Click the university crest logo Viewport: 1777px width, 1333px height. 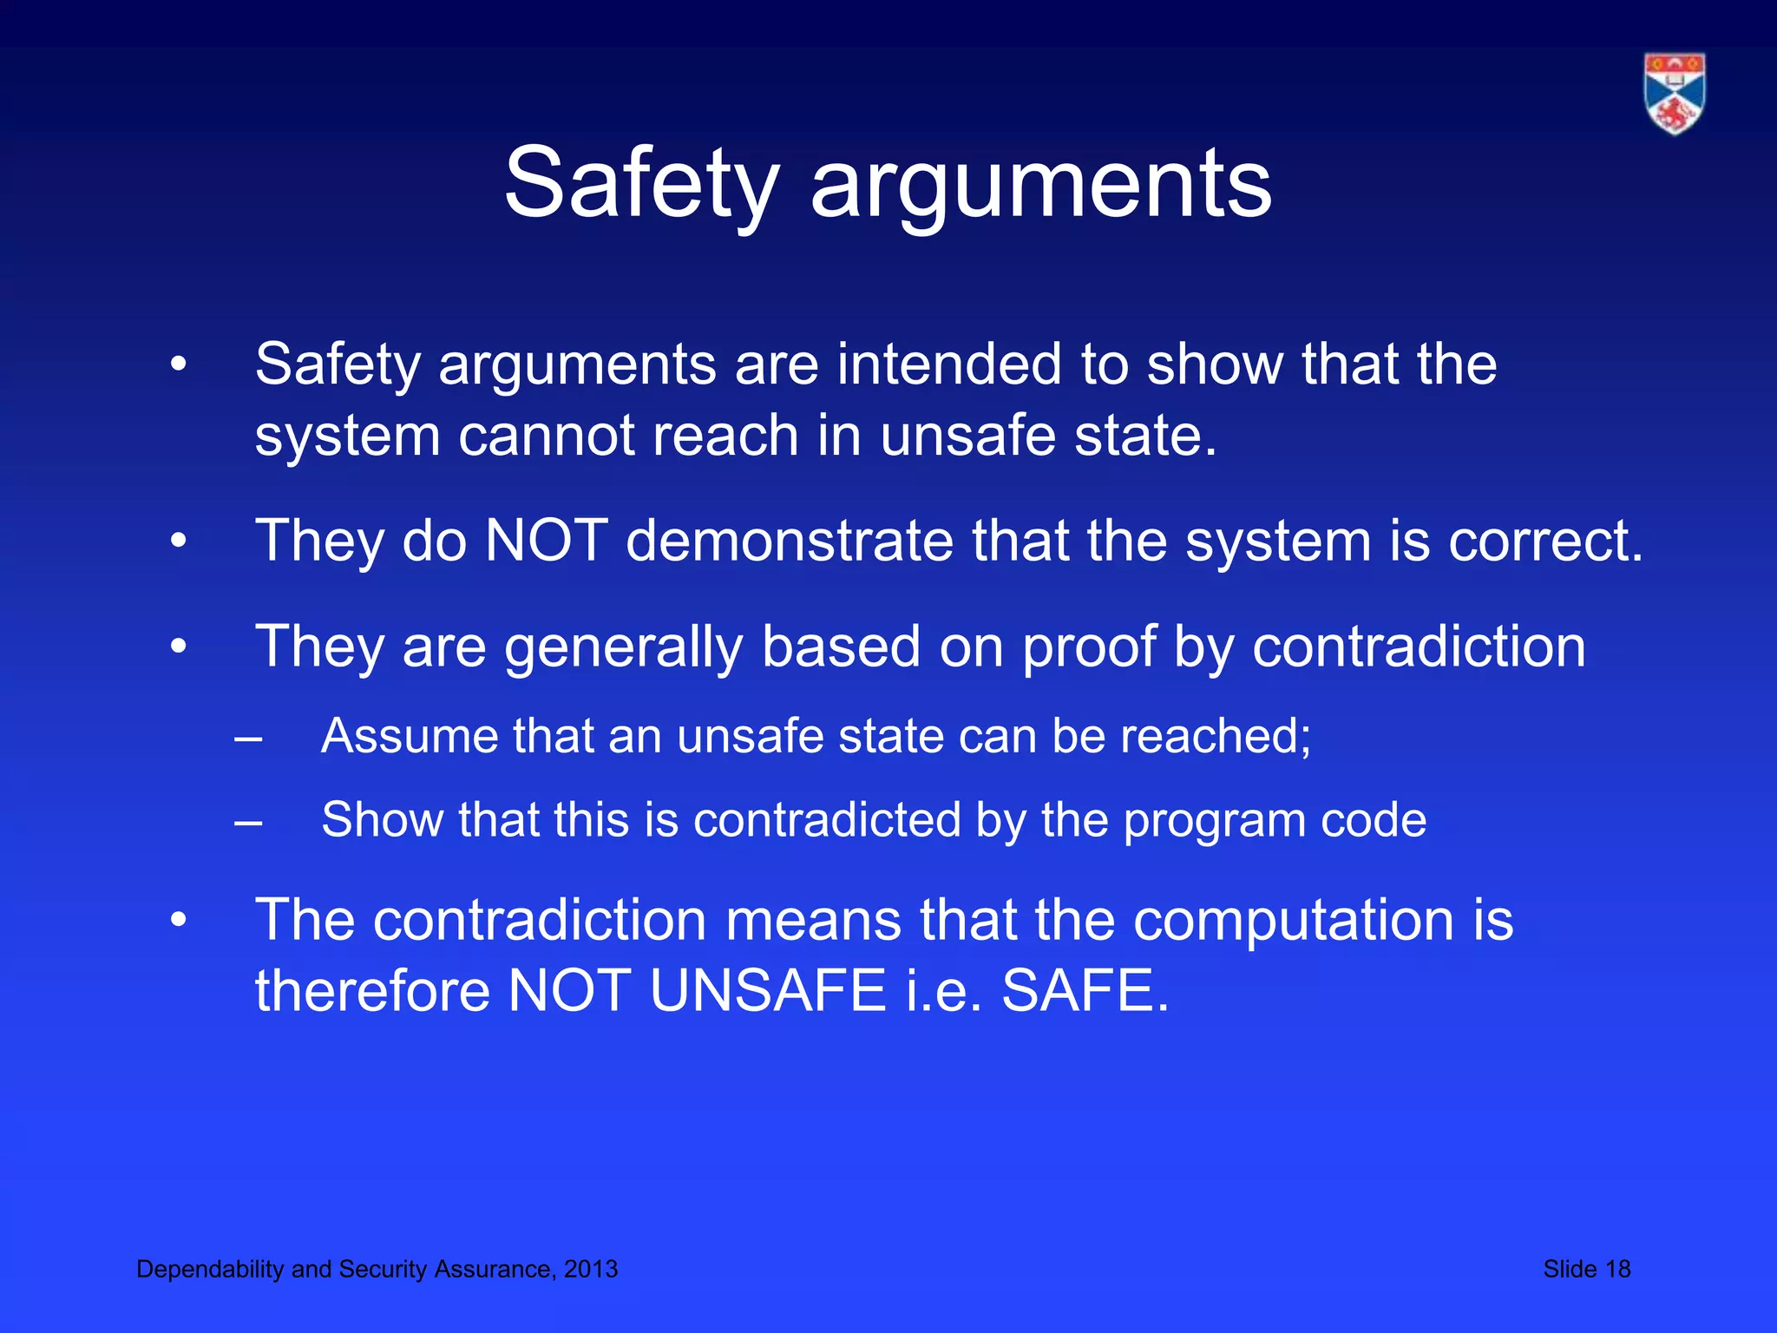[1674, 94]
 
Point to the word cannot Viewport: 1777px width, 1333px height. [545, 436]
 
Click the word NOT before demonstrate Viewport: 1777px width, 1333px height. [546, 541]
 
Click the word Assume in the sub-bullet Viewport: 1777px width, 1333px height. [409, 736]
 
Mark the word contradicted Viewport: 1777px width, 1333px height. [827, 820]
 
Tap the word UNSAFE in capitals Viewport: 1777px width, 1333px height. [767, 991]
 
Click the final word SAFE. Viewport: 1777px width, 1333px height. [1085, 991]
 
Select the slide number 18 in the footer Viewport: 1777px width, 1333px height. [1617, 1269]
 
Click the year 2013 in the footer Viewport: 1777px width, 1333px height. [590, 1269]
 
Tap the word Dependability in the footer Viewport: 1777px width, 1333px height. [211, 1269]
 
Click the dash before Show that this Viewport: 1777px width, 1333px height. [248, 821]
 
